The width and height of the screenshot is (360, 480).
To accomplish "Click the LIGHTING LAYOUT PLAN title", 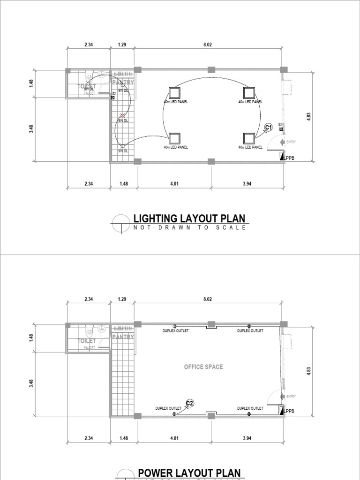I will tap(188, 218).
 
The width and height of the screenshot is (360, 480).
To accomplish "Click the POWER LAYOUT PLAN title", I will tap(189, 473).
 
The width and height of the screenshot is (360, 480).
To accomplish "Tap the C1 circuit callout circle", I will tap(269, 127).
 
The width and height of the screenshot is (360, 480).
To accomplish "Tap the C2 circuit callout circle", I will tap(190, 403).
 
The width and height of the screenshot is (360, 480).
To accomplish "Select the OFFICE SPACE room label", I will tap(203, 367).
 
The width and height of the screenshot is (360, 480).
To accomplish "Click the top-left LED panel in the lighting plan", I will tap(175, 93).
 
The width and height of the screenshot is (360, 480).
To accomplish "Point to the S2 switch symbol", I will tap(113, 97).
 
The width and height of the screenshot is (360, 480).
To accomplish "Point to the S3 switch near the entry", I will tap(280, 128).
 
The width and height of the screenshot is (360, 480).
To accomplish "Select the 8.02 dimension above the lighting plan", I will tap(208, 45).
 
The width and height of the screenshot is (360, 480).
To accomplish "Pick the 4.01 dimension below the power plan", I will tap(174, 439).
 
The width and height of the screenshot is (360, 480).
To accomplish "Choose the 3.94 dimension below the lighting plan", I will tap(247, 184).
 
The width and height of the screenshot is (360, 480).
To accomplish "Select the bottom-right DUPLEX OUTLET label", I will tap(250, 408).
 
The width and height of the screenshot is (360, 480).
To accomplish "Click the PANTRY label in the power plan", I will tap(123, 337).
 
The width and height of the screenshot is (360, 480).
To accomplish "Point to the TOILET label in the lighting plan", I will tap(87, 87).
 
